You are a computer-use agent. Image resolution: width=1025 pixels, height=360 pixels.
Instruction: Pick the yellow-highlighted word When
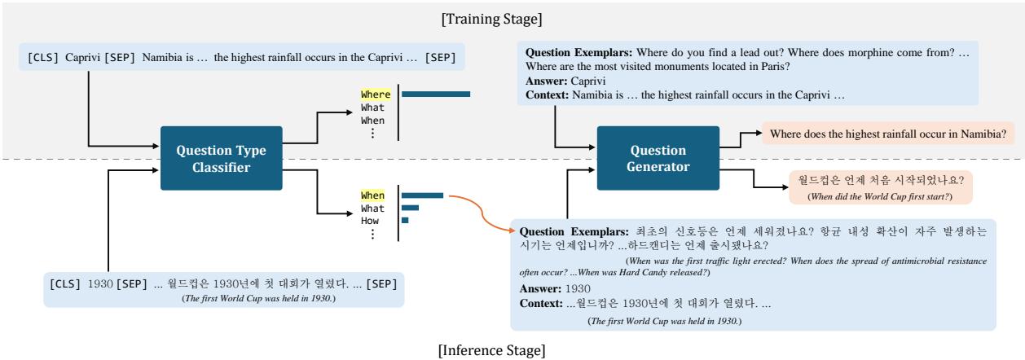pos(373,195)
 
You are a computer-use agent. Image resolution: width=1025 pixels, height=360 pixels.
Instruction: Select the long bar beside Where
pos(436,94)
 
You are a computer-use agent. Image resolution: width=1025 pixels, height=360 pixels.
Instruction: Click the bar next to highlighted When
pos(421,195)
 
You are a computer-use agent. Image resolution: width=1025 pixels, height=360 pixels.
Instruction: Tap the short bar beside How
pos(405,220)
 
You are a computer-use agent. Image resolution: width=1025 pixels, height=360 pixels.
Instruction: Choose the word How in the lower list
pos(371,220)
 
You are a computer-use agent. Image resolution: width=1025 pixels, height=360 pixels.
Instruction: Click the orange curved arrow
pos(481,212)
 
